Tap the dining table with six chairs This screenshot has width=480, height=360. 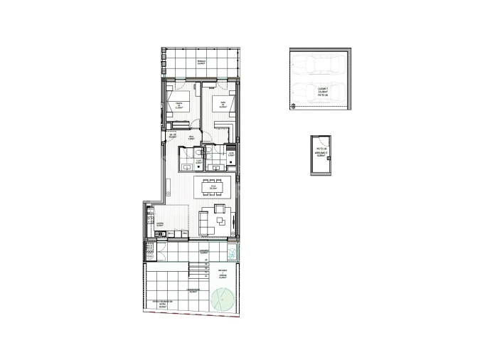pyautogui.click(x=213, y=188)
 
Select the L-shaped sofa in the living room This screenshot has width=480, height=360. pyautogui.click(x=204, y=223)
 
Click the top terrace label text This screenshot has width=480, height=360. pyautogui.click(x=201, y=62)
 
